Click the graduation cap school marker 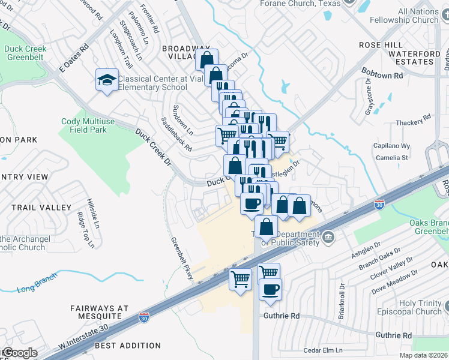coord(106,80)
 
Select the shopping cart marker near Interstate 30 coord(241,280)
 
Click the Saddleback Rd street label coord(176,133)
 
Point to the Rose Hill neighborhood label coord(382,45)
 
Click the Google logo coord(19,353)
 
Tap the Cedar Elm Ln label coord(322,350)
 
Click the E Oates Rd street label coord(73,58)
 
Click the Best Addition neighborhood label coord(127,346)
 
